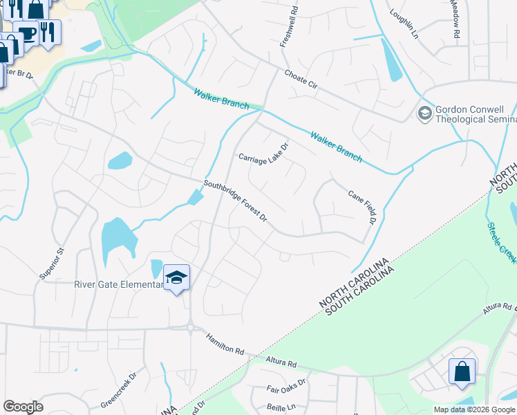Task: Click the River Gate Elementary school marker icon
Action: coord(176,278)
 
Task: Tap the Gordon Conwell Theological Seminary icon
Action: coord(424,113)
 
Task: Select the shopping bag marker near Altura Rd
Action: coord(461,371)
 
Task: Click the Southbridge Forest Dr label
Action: coord(235,201)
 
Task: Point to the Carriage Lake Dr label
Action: coord(263,152)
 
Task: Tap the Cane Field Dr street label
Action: coord(360,207)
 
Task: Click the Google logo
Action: coord(23,407)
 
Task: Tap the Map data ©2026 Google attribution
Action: coord(473,409)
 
